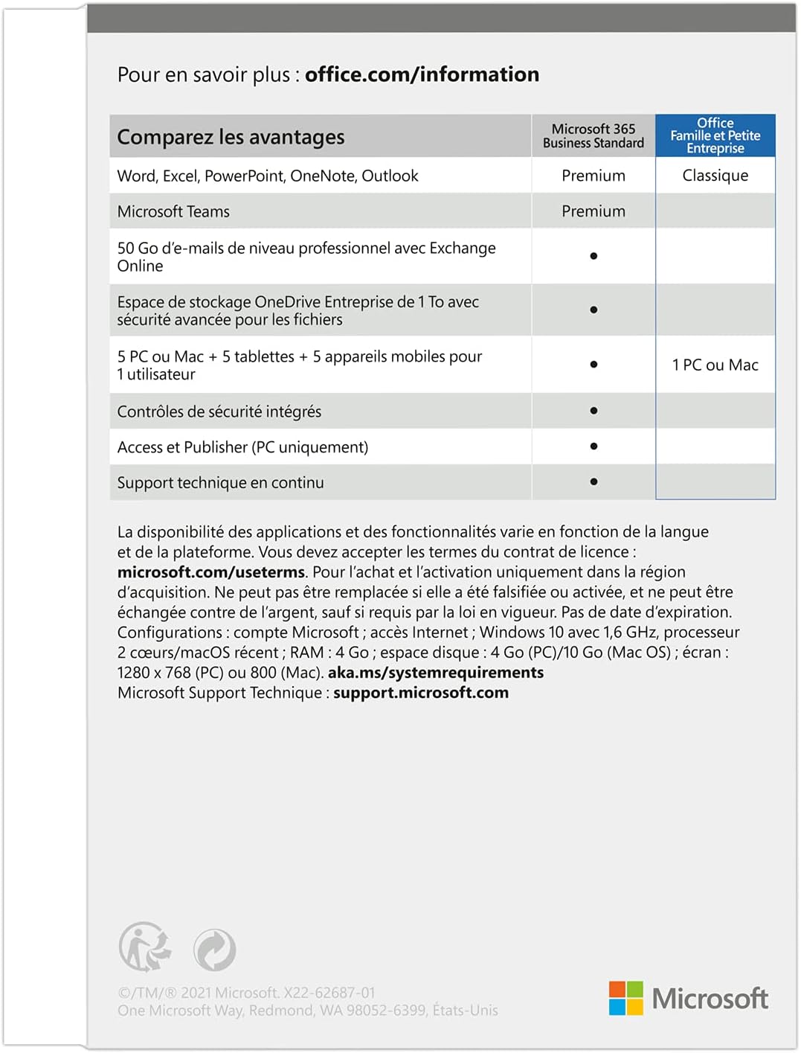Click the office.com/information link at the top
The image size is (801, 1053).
[422, 74]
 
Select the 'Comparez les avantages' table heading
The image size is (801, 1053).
[231, 137]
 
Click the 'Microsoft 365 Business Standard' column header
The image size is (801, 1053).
[593, 136]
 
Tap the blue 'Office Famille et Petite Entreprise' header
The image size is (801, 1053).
[715, 135]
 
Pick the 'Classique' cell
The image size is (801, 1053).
[715, 176]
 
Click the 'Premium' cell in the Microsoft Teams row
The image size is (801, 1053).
[593, 211]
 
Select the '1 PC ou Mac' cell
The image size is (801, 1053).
[715, 365]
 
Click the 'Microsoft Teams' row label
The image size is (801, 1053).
[173, 211]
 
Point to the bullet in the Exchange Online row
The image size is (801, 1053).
[593, 256]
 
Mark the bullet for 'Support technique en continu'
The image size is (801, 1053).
[593, 481]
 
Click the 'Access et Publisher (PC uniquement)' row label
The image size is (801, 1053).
[242, 447]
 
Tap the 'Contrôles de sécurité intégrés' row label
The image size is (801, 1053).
[219, 412]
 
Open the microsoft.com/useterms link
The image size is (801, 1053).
[211, 572]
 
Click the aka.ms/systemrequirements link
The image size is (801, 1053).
[436, 673]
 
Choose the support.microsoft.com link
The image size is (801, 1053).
[421, 693]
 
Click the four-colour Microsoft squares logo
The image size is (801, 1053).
[625, 998]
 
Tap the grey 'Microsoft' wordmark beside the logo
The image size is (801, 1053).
[710, 999]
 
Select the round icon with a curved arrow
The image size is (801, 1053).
[214, 950]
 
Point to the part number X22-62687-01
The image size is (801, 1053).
[329, 993]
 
